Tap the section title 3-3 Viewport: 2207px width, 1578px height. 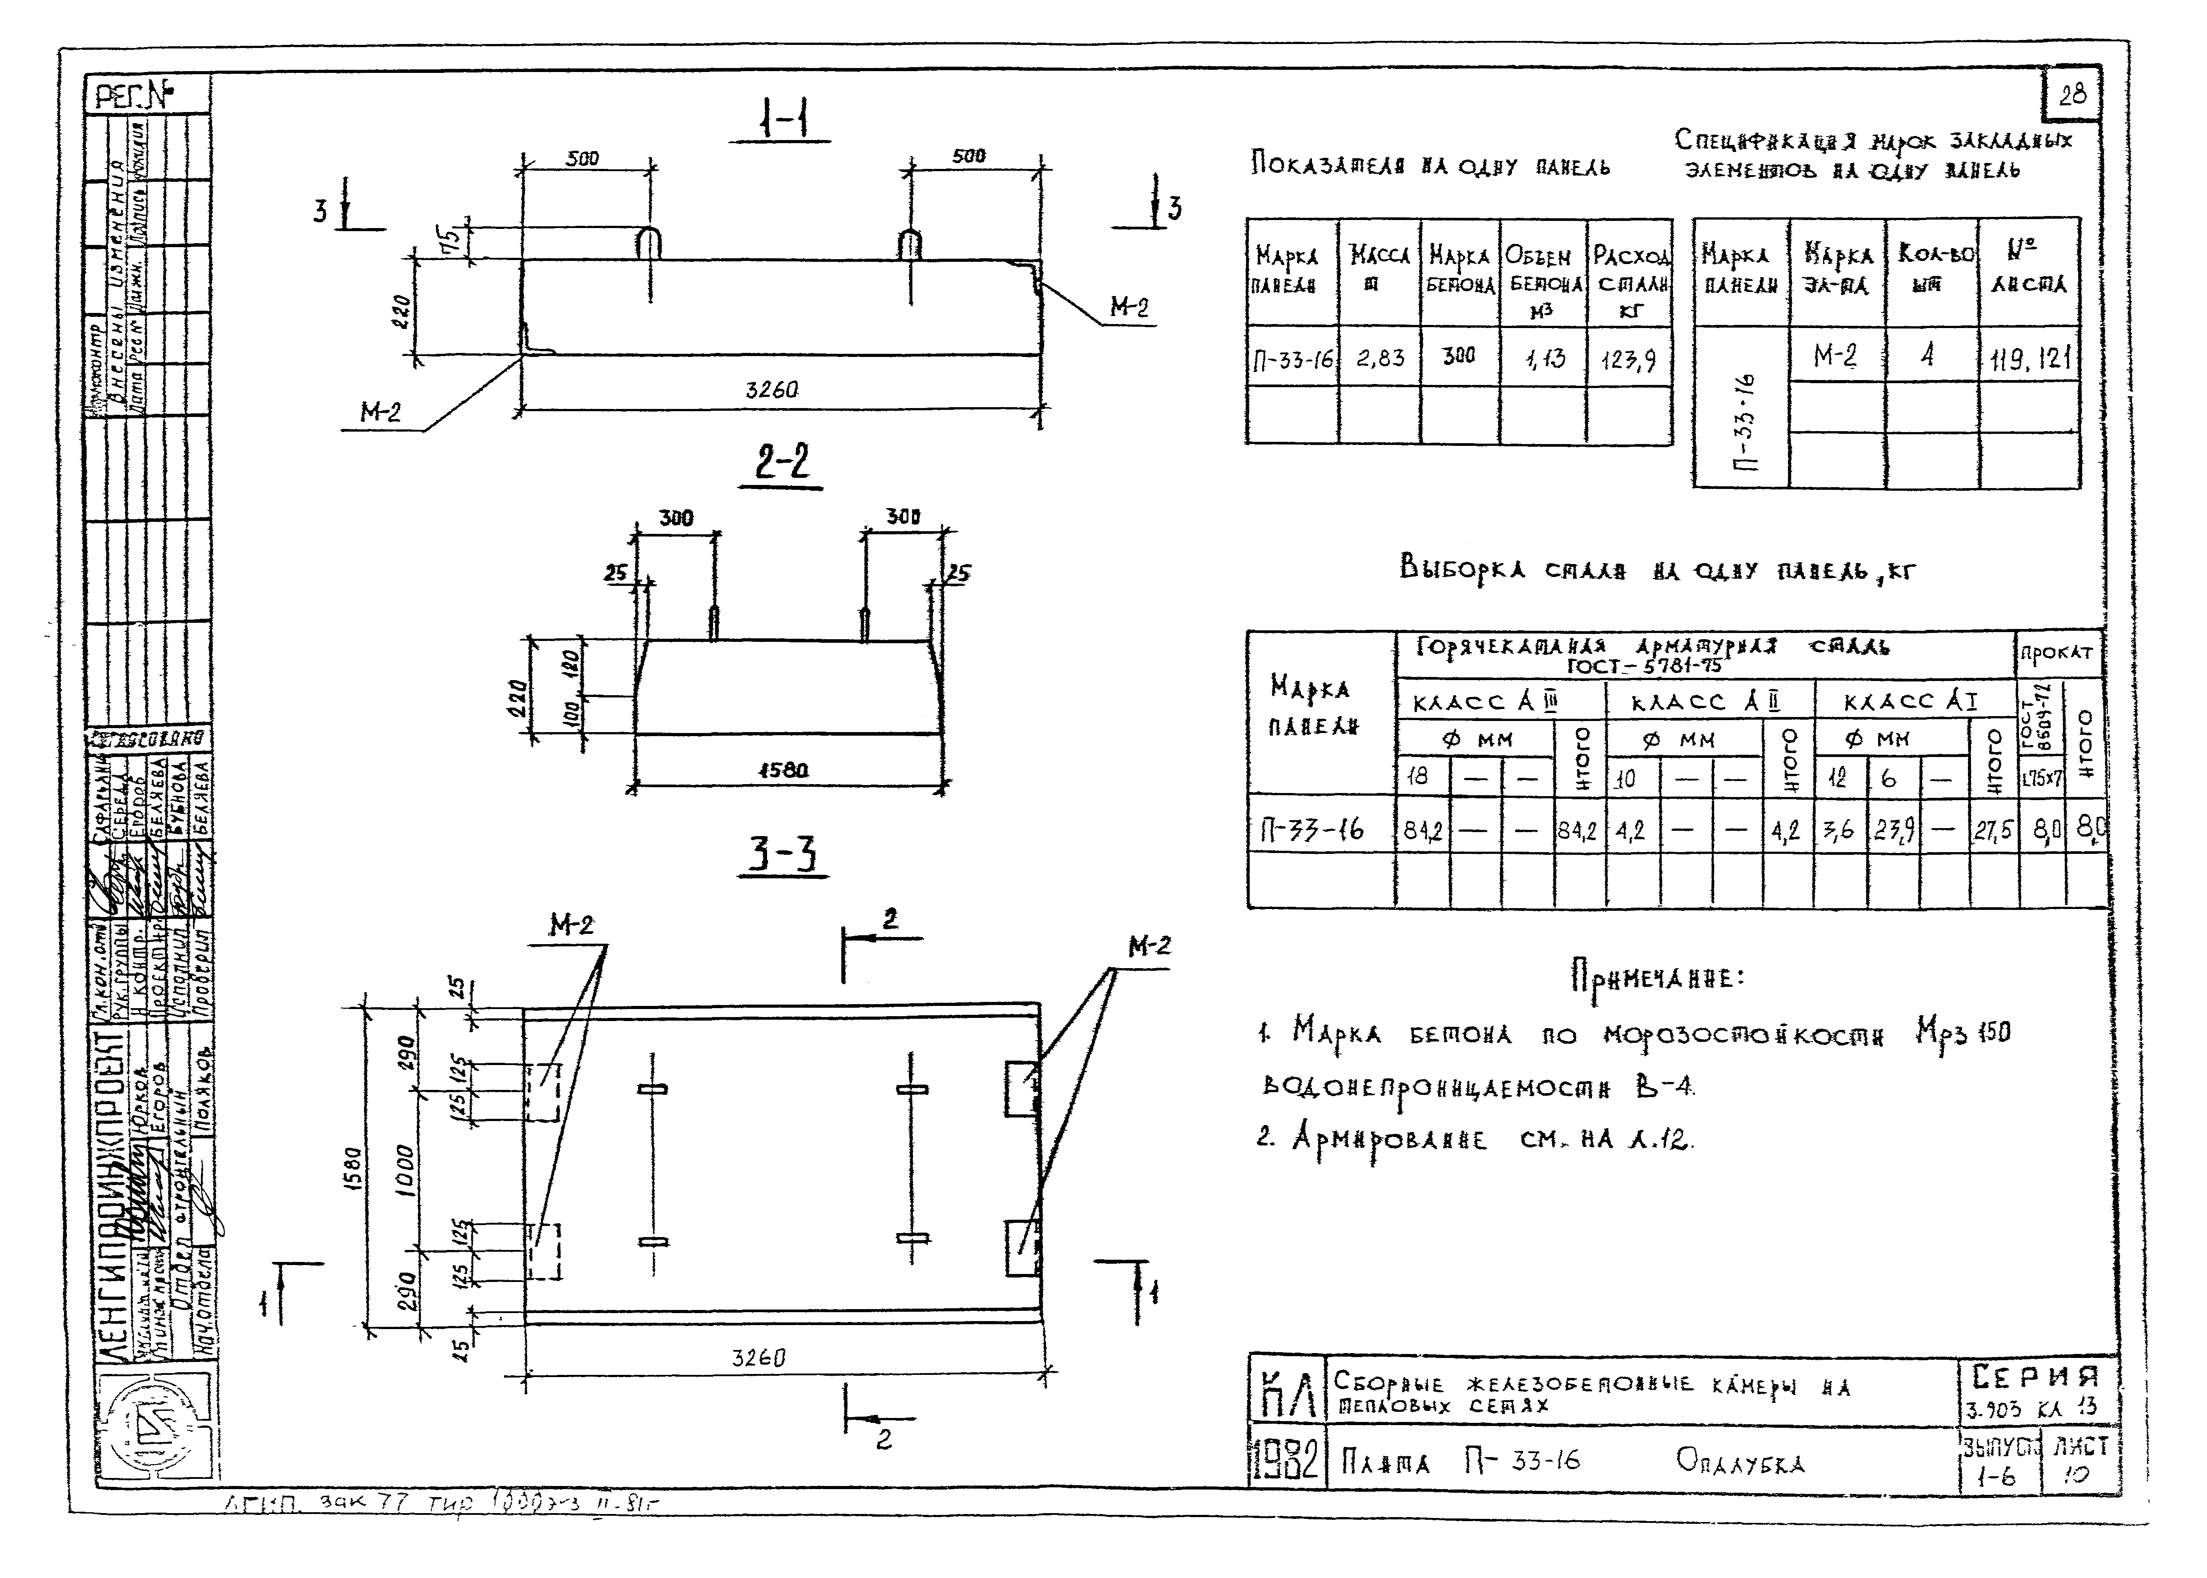pyautogui.click(x=783, y=855)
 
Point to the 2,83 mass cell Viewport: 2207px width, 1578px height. pyautogui.click(x=1380, y=357)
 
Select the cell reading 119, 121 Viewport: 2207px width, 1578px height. pyautogui.click(x=2028, y=359)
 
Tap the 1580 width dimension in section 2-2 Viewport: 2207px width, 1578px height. pyautogui.click(x=783, y=769)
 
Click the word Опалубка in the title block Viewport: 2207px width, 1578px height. pyautogui.click(x=1739, y=1462)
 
